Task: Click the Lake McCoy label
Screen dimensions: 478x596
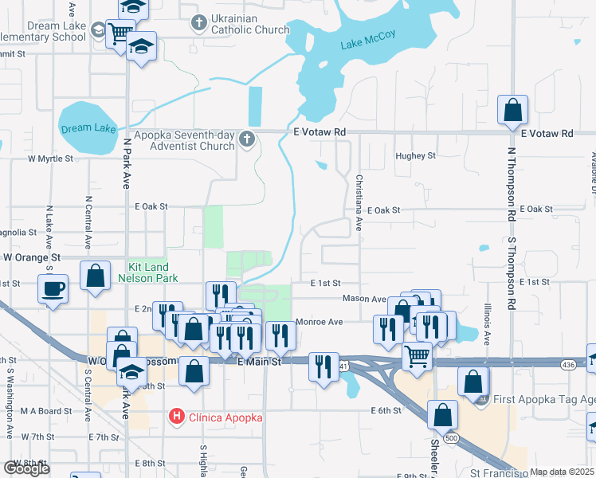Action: (x=367, y=45)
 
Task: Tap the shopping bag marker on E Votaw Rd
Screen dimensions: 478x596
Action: (x=513, y=110)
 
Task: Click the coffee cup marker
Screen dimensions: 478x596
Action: (x=54, y=288)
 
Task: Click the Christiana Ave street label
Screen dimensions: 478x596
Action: (x=359, y=202)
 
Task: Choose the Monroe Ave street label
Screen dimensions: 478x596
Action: (x=319, y=322)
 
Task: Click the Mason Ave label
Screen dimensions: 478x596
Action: (x=363, y=299)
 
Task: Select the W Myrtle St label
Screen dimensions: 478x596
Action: (x=50, y=159)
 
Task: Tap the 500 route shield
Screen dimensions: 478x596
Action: (x=451, y=438)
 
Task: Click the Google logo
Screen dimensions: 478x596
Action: (x=27, y=468)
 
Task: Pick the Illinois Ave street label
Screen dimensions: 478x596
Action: (x=487, y=323)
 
